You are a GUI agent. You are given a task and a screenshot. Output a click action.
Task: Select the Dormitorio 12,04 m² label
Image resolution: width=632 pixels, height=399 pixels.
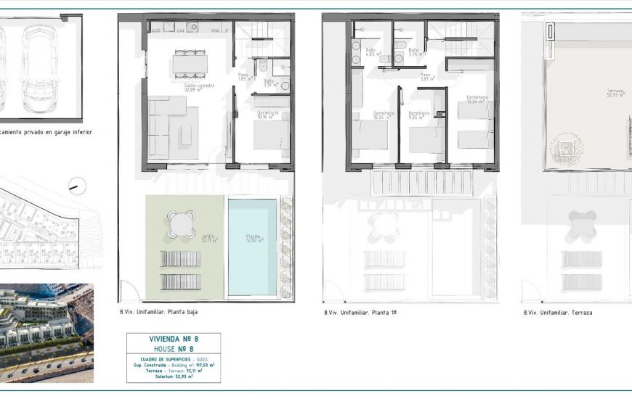tap(384, 115)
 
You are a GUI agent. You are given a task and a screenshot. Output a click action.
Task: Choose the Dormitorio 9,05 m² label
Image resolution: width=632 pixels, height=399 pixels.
tap(419, 115)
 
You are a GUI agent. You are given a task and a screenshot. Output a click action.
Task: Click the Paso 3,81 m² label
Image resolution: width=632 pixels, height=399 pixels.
tap(426, 76)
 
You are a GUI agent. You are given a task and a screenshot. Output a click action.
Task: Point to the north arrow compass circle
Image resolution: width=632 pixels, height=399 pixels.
tap(73, 186)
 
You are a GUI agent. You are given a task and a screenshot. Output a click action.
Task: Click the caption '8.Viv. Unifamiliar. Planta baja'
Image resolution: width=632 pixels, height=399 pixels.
tap(158, 313)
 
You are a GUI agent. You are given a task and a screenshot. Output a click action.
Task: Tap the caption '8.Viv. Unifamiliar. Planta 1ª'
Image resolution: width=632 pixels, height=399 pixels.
tap(360, 313)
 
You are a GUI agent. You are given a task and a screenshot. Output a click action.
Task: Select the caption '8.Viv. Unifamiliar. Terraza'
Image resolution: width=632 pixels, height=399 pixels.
tap(557, 313)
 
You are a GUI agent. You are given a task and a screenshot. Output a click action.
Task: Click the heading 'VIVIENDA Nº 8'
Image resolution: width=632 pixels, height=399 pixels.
tap(173, 339)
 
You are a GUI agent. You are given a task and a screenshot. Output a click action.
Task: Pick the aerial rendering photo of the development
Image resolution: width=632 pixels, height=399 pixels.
tap(46, 333)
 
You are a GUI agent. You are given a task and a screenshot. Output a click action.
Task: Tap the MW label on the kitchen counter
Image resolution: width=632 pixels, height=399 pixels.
tap(215, 30)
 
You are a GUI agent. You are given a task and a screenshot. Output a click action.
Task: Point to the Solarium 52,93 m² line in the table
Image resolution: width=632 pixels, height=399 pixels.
tap(173, 377)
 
